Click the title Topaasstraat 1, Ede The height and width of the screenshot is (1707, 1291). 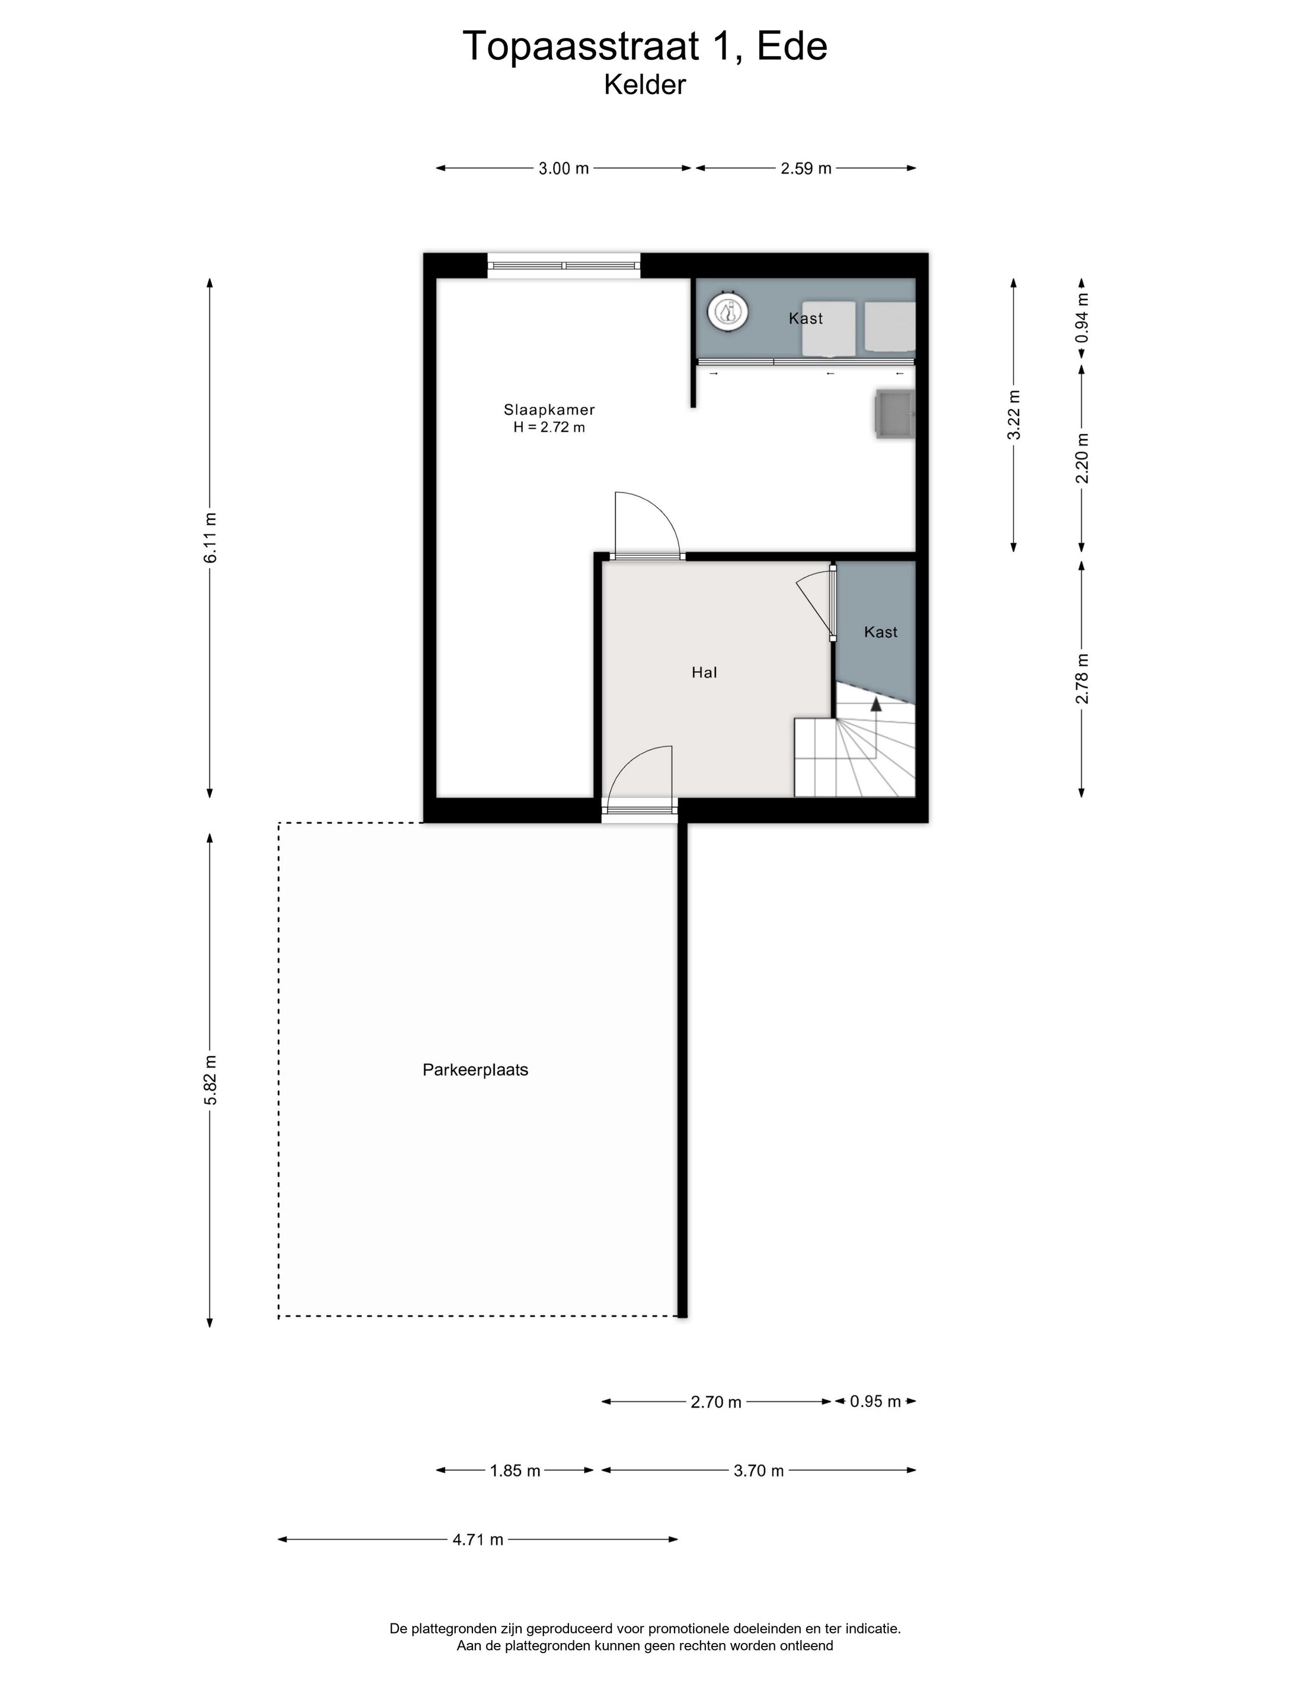click(645, 46)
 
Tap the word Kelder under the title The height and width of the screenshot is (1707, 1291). click(644, 85)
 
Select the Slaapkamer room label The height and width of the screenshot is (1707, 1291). click(549, 410)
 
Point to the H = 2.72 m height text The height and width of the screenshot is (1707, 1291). click(549, 427)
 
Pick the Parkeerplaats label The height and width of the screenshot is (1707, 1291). click(475, 1070)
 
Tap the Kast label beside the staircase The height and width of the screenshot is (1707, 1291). click(880, 632)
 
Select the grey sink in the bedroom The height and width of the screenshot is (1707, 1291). click(894, 414)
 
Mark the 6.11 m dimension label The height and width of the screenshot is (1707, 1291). click(210, 537)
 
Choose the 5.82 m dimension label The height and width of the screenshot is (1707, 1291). click(210, 1079)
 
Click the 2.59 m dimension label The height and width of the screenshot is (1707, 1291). click(806, 168)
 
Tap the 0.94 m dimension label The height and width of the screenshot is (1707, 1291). click(1082, 317)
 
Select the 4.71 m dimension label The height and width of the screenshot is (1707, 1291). click(478, 1539)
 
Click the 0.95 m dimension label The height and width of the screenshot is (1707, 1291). click(875, 1401)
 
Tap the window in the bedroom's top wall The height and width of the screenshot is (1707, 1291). click(563, 266)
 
